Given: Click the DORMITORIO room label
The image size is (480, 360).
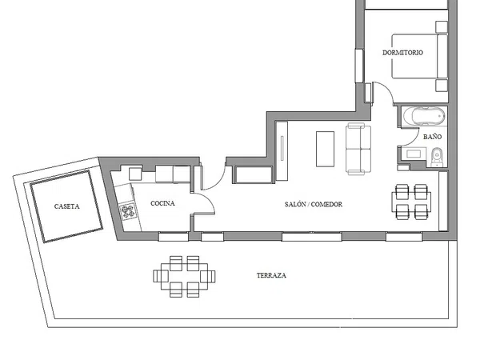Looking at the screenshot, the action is [402, 53].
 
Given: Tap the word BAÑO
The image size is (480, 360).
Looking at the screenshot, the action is [432, 137].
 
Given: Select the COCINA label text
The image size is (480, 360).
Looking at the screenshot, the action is [162, 203].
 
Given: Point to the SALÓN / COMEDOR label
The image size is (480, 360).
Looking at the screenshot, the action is [313, 204].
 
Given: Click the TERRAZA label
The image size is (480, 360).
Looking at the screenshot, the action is [271, 275].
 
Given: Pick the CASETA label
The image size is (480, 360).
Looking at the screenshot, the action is [66, 206].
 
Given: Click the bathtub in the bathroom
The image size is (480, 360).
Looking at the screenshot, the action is [424, 116].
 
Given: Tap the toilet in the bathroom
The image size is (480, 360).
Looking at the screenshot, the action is [437, 157].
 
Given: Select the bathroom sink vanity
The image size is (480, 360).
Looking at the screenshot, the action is [414, 154].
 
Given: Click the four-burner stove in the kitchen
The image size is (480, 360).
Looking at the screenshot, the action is [128, 211].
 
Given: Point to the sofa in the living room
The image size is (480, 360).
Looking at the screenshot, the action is [358, 149].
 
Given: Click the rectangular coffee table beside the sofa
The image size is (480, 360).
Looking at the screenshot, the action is [325, 149].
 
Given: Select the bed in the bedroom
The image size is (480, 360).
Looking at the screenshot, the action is [419, 56].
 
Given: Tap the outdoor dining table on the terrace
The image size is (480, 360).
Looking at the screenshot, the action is [184, 277].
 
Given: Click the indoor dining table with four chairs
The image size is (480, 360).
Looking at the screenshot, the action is [411, 202].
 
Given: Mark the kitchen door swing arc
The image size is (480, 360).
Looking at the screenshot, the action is [210, 199].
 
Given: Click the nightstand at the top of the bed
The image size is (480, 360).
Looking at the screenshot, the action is [442, 27].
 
